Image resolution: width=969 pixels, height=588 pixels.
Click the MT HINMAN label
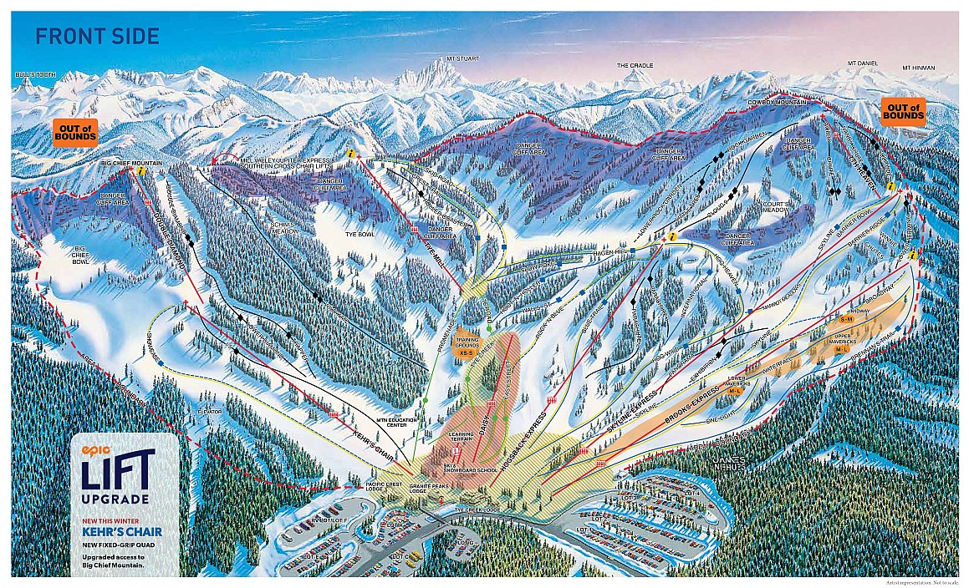[919, 68]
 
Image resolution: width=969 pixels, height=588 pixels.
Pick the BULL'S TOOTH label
[34, 74]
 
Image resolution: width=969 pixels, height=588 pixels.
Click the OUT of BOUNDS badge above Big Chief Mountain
[75, 131]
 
